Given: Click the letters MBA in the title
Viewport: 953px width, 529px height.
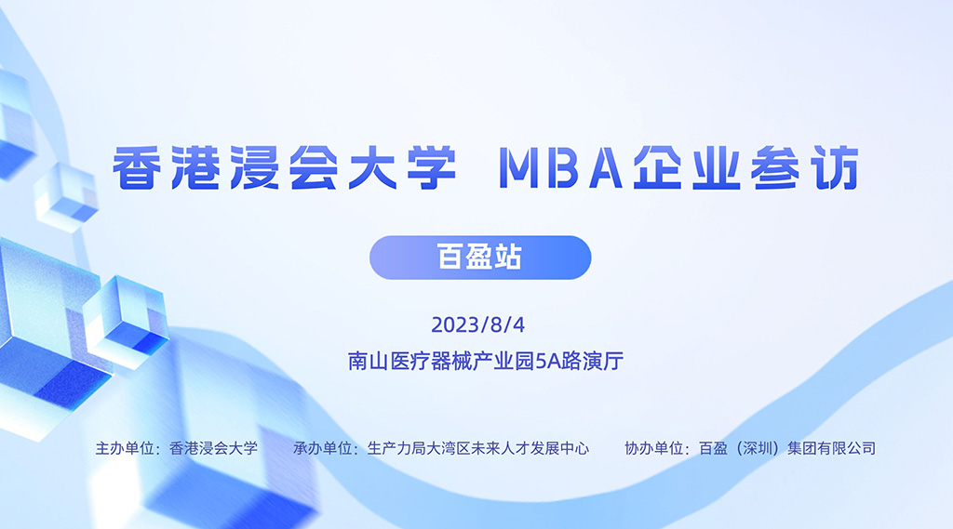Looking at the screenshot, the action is click(560, 167).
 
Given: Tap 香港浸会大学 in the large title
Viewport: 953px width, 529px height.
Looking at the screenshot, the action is click(285, 167).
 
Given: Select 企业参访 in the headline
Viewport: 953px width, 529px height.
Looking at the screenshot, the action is click(746, 167).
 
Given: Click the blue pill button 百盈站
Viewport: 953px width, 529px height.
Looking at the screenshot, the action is click(480, 258).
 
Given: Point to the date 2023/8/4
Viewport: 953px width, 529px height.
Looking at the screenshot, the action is click(477, 325).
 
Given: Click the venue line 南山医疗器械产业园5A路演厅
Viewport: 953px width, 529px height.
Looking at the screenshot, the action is click(486, 361).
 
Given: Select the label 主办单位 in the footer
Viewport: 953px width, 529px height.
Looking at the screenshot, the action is click(124, 448).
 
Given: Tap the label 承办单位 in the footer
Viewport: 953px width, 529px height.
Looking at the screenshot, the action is click(322, 448).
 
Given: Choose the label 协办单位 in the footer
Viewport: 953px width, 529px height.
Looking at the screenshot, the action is click(654, 448).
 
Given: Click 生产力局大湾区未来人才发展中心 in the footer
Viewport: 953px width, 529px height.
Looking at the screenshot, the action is click(478, 448).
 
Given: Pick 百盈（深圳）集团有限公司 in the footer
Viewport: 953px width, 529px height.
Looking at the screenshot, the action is click(787, 448).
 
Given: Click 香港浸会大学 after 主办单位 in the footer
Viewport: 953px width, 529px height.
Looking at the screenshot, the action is click(213, 448).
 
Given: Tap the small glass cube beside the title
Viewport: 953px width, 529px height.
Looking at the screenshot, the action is click(66, 195).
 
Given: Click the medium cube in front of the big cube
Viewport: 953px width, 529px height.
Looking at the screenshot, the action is click(126, 320).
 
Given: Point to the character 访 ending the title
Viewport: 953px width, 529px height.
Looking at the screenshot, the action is click(837, 167).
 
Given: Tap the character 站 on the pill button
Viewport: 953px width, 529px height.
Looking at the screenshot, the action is click(508, 258).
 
